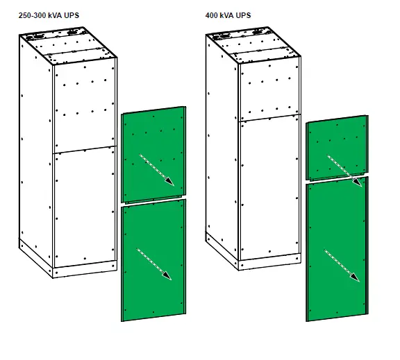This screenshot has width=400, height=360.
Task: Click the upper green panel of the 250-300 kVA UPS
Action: [x=153, y=156]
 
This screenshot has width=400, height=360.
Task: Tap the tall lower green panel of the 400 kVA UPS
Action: [x=337, y=250]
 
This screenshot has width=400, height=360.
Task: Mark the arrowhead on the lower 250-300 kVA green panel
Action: [x=167, y=275]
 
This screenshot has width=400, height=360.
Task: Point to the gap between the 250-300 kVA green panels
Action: [x=153, y=203]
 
